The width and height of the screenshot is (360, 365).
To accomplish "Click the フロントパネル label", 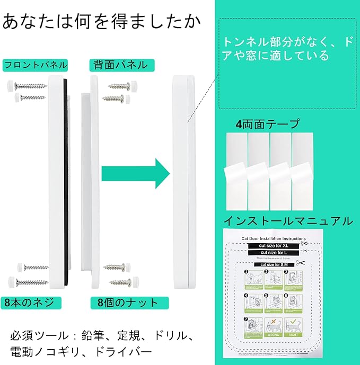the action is (x=36, y=65).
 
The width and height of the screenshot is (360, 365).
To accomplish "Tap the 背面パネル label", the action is (x=121, y=65).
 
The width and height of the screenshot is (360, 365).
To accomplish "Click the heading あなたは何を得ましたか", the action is (x=101, y=22).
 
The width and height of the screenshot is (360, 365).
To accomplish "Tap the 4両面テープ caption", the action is (x=268, y=124).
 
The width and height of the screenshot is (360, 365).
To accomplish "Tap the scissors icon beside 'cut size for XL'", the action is (x=302, y=244).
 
